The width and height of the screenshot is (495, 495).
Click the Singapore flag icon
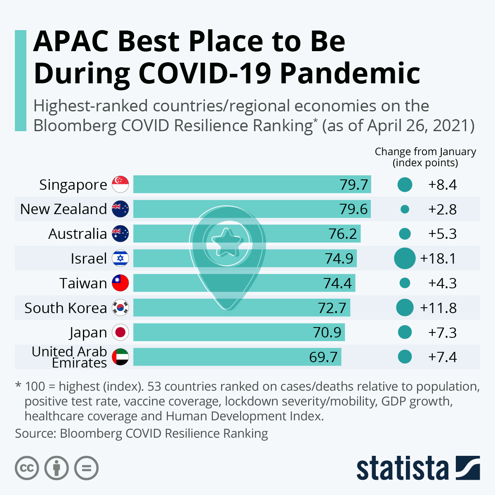click(x=120, y=184)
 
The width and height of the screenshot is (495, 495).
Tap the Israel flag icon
click(x=120, y=259)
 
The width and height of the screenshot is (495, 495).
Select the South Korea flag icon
click(x=120, y=308)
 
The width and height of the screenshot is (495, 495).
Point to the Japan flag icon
click(x=120, y=332)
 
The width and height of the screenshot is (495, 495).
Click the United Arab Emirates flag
click(x=120, y=357)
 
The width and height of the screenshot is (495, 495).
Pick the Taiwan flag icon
click(x=120, y=283)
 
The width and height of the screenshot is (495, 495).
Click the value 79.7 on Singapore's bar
click(x=354, y=184)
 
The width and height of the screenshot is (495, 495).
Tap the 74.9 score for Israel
click(x=339, y=259)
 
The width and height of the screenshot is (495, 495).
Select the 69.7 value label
click(x=323, y=357)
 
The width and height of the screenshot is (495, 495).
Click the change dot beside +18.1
click(x=405, y=259)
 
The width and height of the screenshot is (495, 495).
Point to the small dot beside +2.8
click(x=405, y=209)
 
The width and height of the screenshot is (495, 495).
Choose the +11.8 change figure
click(x=438, y=308)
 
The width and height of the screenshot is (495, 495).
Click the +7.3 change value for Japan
click(x=442, y=332)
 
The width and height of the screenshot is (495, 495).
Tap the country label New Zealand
click(x=64, y=209)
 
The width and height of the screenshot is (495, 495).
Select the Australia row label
click(x=78, y=234)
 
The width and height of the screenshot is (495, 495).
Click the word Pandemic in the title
click(x=350, y=73)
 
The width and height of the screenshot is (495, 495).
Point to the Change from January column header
click(x=425, y=157)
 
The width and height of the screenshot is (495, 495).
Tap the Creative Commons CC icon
click(x=27, y=468)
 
